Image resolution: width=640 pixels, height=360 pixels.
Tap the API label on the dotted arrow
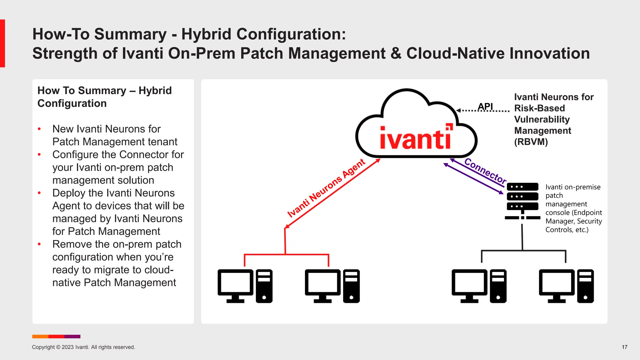pyautogui.click(x=485, y=107)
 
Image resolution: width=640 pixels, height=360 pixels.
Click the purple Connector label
pyautogui.click(x=485, y=171)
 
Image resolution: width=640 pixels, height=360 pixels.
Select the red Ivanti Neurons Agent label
pyautogui.click(x=326, y=188)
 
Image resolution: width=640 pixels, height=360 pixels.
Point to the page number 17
pyautogui.click(x=624, y=347)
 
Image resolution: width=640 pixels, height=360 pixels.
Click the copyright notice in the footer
pyautogui.click(x=83, y=347)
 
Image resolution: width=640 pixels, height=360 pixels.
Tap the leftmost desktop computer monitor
pyautogui.click(x=235, y=283)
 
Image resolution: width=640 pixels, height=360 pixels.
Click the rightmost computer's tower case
pyautogui.click(x=585, y=286)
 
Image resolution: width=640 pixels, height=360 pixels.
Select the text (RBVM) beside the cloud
pyautogui.click(x=531, y=142)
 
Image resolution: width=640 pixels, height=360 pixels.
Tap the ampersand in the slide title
pyautogui.click(x=396, y=53)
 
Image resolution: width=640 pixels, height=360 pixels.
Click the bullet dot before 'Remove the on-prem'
pyautogui.click(x=39, y=244)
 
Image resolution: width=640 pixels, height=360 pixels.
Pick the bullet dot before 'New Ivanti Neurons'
pyautogui.click(x=39, y=129)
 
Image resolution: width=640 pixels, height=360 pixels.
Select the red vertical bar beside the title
pyautogui.click(x=2, y=43)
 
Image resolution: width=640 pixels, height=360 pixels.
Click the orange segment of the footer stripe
pyautogui.click(x=40, y=337)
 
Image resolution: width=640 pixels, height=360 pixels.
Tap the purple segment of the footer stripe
pyautogui.click(x=72, y=337)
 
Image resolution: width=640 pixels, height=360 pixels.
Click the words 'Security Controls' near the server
pyautogui.click(x=574, y=225)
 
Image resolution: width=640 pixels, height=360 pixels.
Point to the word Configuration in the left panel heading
pyautogui.click(x=72, y=103)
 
